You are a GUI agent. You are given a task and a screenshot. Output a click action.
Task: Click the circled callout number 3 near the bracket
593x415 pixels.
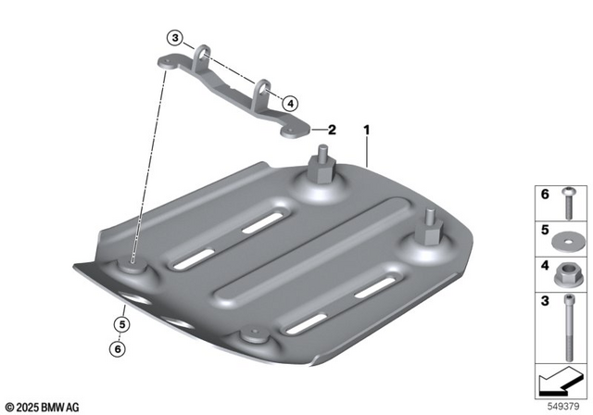click(175, 38)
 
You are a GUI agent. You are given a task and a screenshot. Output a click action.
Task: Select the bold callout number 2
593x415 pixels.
click(331, 131)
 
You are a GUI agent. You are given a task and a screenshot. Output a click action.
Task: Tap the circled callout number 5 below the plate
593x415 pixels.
click(120, 324)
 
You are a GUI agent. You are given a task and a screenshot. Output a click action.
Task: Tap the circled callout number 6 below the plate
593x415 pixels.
click(120, 348)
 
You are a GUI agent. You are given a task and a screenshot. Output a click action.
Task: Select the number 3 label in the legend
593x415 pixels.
click(546, 301)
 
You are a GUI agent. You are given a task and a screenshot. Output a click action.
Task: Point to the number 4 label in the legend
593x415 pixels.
click(546, 266)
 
